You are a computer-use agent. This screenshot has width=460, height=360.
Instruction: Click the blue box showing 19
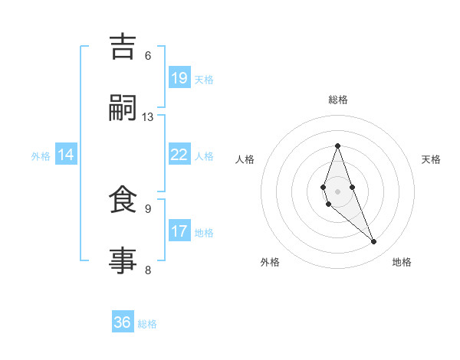point(179,78)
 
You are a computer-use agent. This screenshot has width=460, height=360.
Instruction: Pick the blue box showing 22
point(179,155)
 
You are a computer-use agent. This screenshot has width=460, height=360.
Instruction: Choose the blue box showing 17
point(179,231)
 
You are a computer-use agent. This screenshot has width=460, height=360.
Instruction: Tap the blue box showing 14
point(66,155)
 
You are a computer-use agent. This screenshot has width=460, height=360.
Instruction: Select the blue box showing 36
point(123,322)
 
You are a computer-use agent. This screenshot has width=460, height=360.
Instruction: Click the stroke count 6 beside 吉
point(148,56)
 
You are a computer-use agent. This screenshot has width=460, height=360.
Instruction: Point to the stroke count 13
point(148,117)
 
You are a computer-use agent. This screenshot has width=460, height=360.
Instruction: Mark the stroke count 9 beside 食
point(148,208)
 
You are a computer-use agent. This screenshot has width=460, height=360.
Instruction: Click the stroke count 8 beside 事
point(148,270)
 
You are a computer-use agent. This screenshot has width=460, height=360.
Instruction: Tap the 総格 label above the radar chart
point(338,100)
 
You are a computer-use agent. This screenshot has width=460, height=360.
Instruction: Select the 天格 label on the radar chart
point(431,159)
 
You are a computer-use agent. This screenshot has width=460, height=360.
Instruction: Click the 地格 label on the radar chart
point(402,262)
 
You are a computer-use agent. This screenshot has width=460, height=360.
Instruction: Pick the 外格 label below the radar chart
point(270,262)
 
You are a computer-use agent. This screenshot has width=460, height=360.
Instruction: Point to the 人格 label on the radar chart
point(245,159)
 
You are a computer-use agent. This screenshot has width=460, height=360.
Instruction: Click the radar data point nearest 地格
point(374,242)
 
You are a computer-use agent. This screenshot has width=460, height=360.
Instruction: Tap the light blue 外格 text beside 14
point(41,155)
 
